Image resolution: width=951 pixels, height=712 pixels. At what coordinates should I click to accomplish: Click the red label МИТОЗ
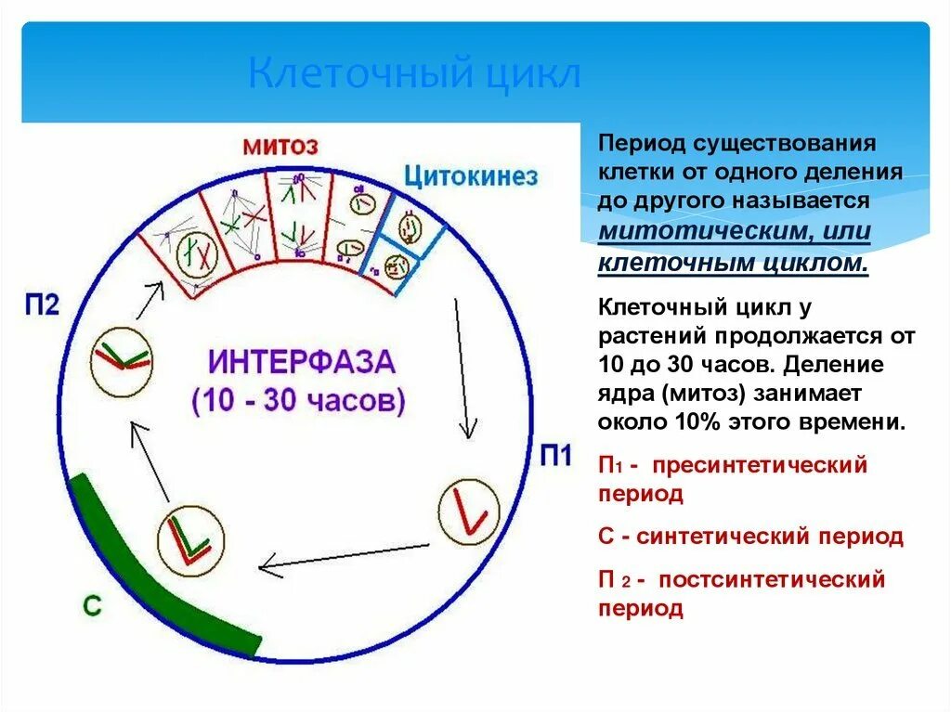tap(280, 146)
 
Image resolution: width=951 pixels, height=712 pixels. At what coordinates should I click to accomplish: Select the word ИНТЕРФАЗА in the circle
tap(301, 363)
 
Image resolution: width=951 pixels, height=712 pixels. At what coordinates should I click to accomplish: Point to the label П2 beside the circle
tap(42, 304)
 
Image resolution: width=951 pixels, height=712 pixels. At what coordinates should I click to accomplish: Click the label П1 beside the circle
tap(555, 457)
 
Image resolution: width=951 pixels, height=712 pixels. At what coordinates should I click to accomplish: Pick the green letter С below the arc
tap(92, 606)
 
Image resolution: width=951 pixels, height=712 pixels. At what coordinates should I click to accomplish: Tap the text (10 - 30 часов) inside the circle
tap(299, 402)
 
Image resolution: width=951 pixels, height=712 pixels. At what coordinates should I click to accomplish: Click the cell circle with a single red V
tap(469, 511)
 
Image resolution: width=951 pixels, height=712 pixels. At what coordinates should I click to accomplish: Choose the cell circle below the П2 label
tap(122, 357)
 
